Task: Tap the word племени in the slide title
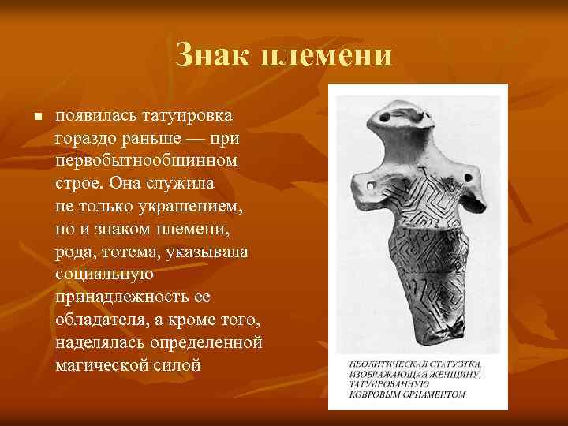point(330,55)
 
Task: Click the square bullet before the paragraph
point(36,118)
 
